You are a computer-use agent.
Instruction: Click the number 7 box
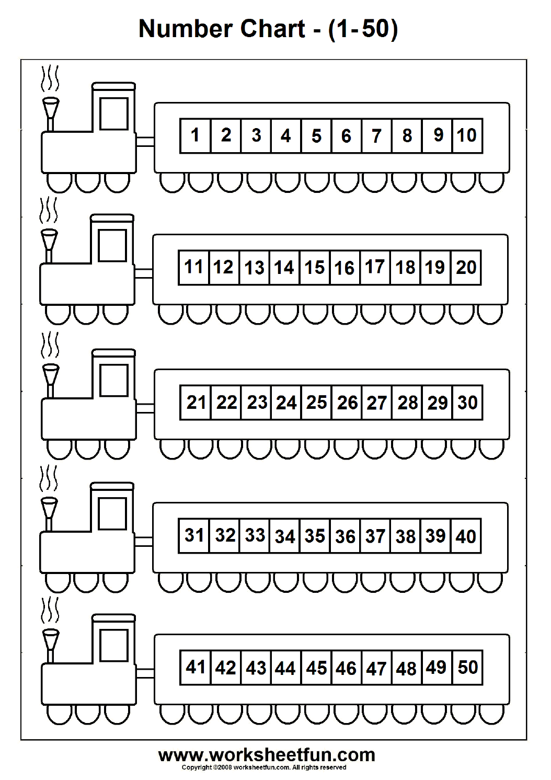click(376, 136)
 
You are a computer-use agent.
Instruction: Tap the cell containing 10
click(467, 136)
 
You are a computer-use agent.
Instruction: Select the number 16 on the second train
click(345, 268)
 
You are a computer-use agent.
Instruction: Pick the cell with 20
click(466, 268)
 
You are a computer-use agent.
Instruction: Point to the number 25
click(317, 403)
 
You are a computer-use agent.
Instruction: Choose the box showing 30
click(467, 403)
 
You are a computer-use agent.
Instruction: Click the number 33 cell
click(255, 535)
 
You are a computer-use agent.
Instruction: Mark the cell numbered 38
click(406, 536)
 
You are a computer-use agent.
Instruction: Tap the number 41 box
click(196, 667)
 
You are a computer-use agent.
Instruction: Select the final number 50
click(467, 667)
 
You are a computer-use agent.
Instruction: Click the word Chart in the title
click(272, 28)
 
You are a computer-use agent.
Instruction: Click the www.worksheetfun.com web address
click(267, 755)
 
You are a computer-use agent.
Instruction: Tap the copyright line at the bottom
click(263, 767)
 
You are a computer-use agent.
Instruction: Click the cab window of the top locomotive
click(114, 113)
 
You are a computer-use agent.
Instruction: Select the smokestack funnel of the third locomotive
click(50, 374)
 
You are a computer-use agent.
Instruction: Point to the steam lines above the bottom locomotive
click(50, 610)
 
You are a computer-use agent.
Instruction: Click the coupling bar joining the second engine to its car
click(143, 273)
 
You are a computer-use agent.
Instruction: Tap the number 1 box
click(196, 136)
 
